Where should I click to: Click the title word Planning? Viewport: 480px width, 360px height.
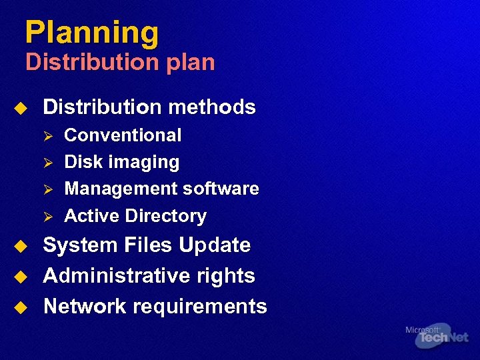92,33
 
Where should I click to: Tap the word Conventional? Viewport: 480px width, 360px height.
123,135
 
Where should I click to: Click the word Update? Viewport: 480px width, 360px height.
215,245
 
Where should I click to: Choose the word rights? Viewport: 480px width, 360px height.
227,276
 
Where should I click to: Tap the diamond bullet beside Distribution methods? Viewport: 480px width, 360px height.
21,107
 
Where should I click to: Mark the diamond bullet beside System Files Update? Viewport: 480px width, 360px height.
21,246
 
